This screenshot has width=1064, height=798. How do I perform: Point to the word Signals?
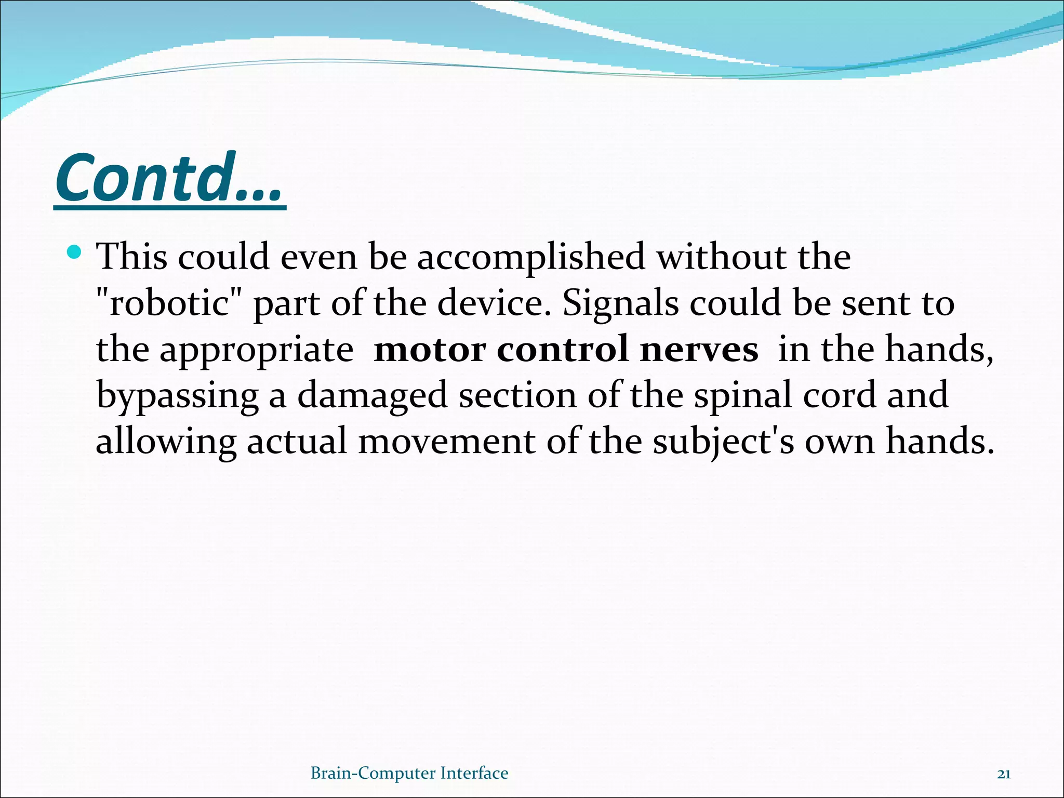coord(621,303)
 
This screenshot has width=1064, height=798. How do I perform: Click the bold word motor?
coord(430,349)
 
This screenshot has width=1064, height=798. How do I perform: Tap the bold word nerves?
coord(699,349)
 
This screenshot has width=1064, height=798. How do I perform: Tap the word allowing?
coord(166,442)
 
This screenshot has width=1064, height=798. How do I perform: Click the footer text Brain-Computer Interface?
coord(409,774)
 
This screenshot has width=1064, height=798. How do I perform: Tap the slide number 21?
coord(1004,775)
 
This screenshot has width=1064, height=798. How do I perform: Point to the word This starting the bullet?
coord(132,257)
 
